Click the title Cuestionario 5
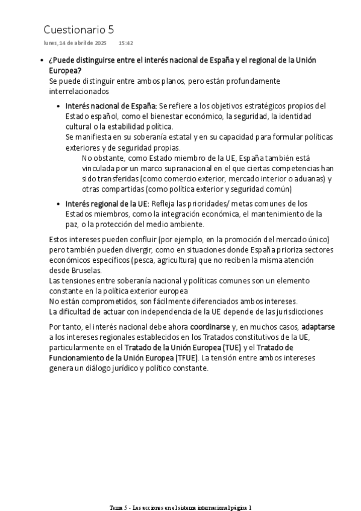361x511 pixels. [x=78, y=30]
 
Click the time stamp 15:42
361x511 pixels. [x=125, y=43]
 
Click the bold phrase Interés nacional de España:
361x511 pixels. [x=111, y=105]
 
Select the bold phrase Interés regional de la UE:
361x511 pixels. [x=107, y=203]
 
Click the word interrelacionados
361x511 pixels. [x=78, y=91]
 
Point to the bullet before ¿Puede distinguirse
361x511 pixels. [x=40, y=61]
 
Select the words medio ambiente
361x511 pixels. [x=180, y=224]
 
